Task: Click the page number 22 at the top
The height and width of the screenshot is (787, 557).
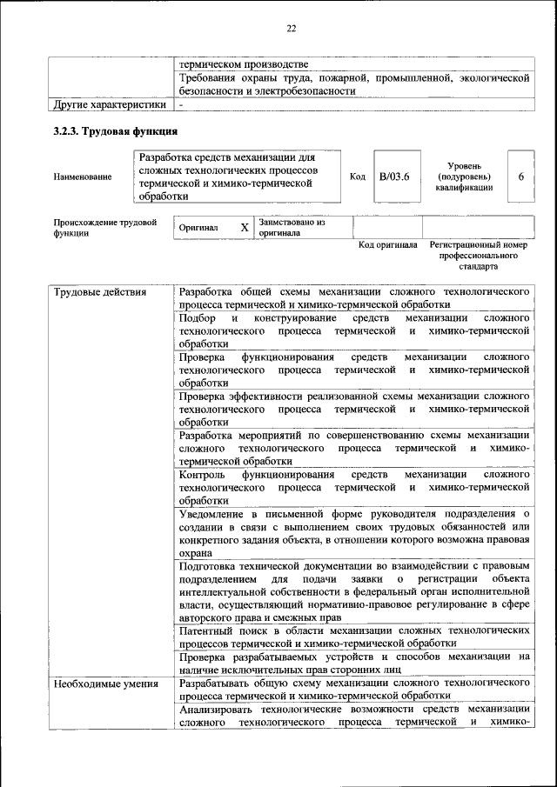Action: click(292, 29)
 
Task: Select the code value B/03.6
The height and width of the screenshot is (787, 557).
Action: click(394, 177)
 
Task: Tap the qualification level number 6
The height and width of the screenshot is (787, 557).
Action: click(520, 177)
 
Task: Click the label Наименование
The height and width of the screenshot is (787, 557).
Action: click(83, 177)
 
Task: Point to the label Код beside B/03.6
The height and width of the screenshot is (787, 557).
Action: click(357, 177)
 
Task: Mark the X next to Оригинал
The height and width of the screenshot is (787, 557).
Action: click(245, 227)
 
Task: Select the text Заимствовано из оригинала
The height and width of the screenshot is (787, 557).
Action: click(292, 228)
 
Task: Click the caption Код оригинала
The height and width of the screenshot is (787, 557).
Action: click(388, 245)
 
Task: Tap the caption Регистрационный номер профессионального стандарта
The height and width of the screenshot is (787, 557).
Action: click(479, 256)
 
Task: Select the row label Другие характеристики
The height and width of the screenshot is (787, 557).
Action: click(109, 104)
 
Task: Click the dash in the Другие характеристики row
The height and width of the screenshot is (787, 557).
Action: click(181, 104)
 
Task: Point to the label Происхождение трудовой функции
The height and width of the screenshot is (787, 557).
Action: click(104, 228)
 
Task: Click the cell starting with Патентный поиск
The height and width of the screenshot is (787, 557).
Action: click(354, 636)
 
